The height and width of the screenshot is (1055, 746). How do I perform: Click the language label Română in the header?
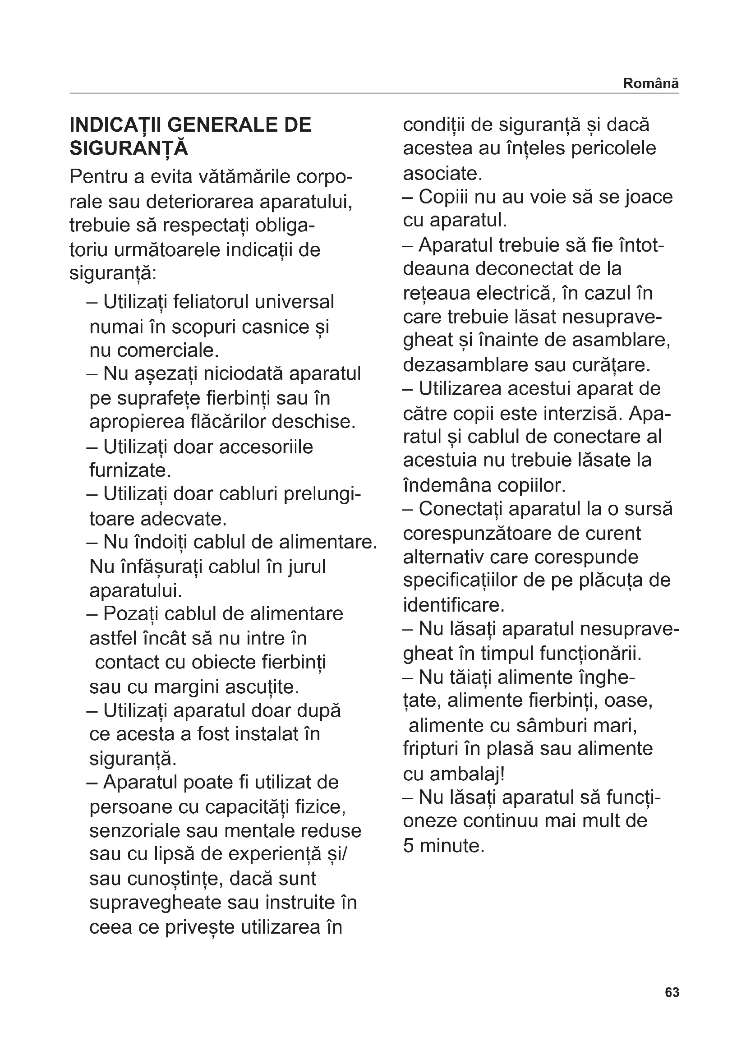[650, 83]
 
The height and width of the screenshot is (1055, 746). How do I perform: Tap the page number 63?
[672, 992]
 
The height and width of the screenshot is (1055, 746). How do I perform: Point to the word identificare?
[453, 605]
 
